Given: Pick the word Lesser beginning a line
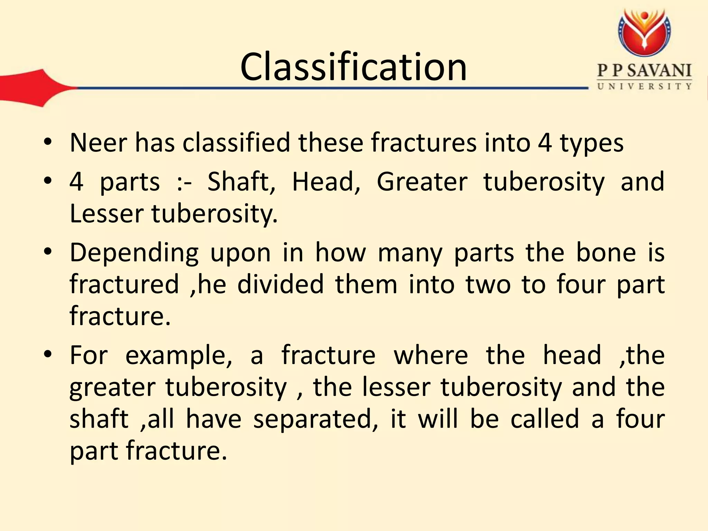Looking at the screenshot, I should coord(106,214).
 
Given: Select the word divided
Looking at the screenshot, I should coord(280,285).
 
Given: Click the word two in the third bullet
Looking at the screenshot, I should coord(488,285).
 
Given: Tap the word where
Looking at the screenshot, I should coord(431,355).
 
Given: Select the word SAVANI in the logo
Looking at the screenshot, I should coord(659,71).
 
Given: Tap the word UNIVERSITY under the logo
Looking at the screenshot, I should coord(644,86).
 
